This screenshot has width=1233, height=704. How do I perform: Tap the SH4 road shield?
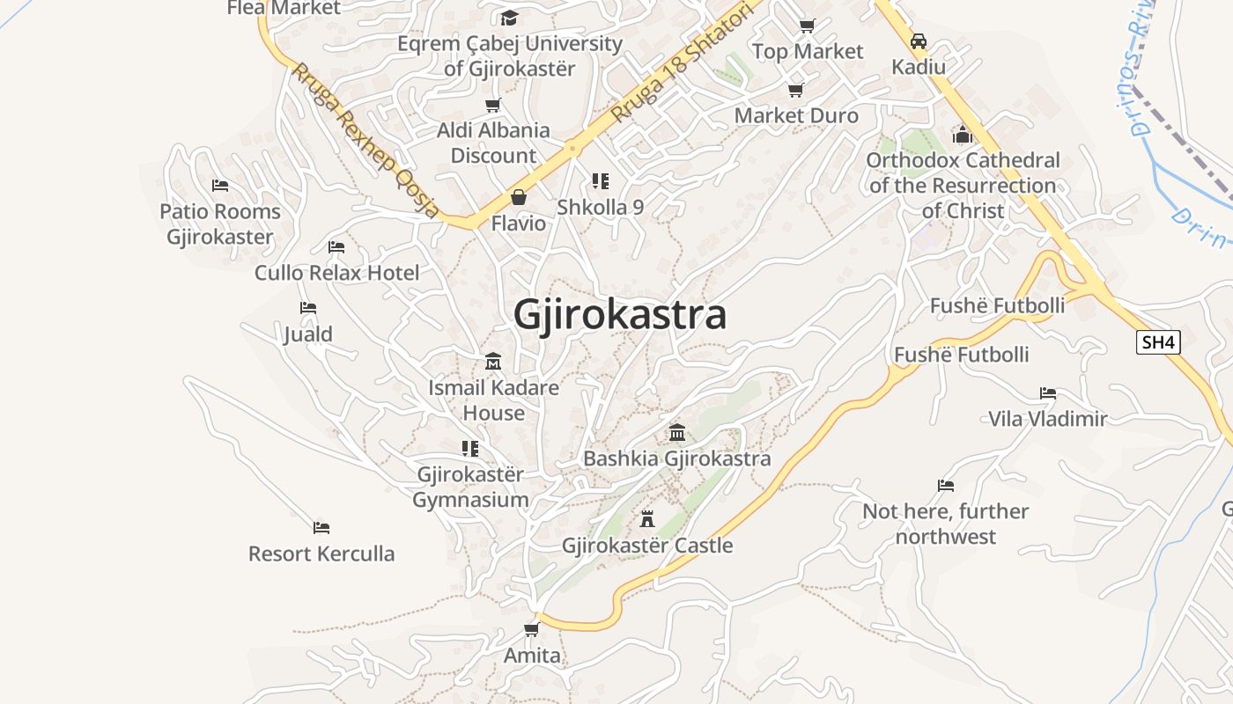1157,342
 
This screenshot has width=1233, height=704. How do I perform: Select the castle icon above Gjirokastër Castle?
647,518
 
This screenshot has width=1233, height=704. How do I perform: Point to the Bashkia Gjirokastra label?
676,458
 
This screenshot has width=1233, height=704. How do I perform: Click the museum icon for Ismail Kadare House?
493,362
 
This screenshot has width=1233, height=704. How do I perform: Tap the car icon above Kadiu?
919,41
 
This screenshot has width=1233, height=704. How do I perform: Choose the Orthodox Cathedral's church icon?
963,135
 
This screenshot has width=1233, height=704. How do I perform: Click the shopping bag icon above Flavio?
519,197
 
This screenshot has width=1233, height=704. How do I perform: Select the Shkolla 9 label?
600,208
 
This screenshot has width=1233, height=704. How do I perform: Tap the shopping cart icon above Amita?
531,629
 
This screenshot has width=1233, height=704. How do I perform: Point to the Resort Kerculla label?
321,554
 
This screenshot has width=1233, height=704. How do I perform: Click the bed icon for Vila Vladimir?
1047,392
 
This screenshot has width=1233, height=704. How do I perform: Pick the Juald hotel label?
308,334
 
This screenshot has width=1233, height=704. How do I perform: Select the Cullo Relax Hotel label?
337,273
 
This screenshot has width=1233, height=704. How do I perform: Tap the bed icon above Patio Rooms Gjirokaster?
220,185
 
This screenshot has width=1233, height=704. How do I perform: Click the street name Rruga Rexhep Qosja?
365,141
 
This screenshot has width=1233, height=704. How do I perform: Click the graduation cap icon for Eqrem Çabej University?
509,18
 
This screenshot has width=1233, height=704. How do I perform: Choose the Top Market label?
808,52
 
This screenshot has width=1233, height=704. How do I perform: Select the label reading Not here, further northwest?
945,524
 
